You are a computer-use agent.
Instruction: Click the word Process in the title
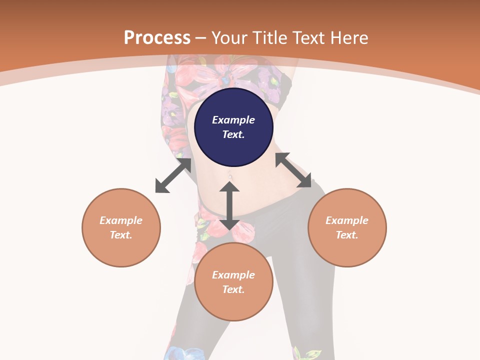[x=157, y=37]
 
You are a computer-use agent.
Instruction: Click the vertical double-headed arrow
[x=229, y=205]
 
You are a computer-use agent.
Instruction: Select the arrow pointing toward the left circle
[x=173, y=175]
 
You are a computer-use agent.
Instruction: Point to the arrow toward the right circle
[x=293, y=170]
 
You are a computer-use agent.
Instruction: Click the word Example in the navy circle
[x=233, y=120]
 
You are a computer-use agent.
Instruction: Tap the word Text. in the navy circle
[x=233, y=134]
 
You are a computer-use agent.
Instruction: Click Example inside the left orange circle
[x=121, y=220]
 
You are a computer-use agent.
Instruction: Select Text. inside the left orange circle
[x=121, y=235]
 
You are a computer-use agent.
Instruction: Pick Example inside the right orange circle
[x=347, y=220]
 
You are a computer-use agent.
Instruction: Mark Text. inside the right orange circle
[x=347, y=235]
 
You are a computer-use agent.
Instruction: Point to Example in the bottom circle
[x=233, y=275]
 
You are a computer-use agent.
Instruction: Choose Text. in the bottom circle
[x=233, y=289]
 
